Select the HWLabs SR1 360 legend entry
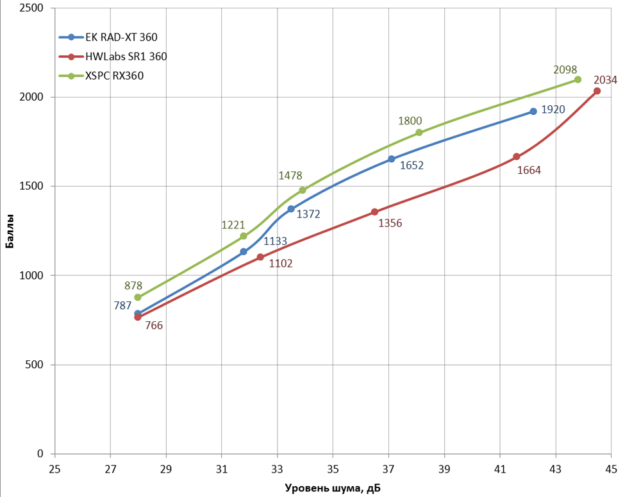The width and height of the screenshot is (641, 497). point(126,56)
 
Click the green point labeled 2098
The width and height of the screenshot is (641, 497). point(578,80)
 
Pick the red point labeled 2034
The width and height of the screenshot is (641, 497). point(597,91)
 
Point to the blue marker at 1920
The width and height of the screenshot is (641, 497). point(533,112)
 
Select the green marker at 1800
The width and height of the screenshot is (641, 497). point(419,133)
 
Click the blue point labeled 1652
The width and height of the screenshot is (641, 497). point(391,159)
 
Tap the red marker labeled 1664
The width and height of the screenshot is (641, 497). point(517,156)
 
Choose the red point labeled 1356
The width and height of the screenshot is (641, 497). point(374,212)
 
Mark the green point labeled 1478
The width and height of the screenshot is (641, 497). point(303,190)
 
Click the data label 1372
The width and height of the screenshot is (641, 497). point(308,214)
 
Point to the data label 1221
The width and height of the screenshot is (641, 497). point(233,224)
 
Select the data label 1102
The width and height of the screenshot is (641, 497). point(281,263)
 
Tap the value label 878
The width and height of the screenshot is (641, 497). point(133,286)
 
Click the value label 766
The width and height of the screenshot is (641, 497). point(154,325)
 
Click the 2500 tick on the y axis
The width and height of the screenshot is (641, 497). point(31,8)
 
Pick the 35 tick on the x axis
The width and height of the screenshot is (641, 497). point(333,469)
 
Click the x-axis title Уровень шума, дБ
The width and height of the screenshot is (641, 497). point(333,489)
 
